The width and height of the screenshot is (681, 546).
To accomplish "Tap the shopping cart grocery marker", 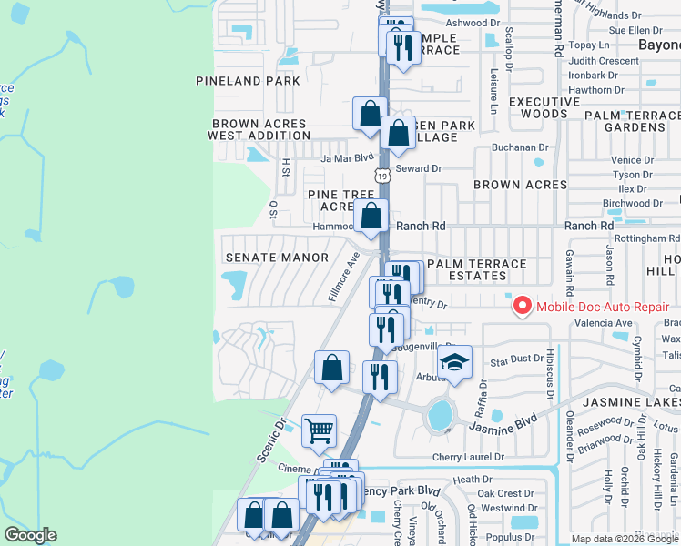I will click(319, 430).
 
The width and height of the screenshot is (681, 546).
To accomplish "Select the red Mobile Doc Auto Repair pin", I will click(523, 306).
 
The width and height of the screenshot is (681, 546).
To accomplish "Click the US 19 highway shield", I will click(383, 177).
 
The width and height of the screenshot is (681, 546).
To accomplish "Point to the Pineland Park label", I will click(248, 81).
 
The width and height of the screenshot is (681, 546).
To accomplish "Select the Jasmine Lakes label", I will click(632, 401).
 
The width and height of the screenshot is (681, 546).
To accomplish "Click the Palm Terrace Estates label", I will click(476, 269).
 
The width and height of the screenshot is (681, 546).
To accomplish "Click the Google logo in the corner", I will click(30, 535).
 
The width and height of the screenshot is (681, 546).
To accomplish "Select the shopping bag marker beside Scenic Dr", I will click(332, 368).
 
